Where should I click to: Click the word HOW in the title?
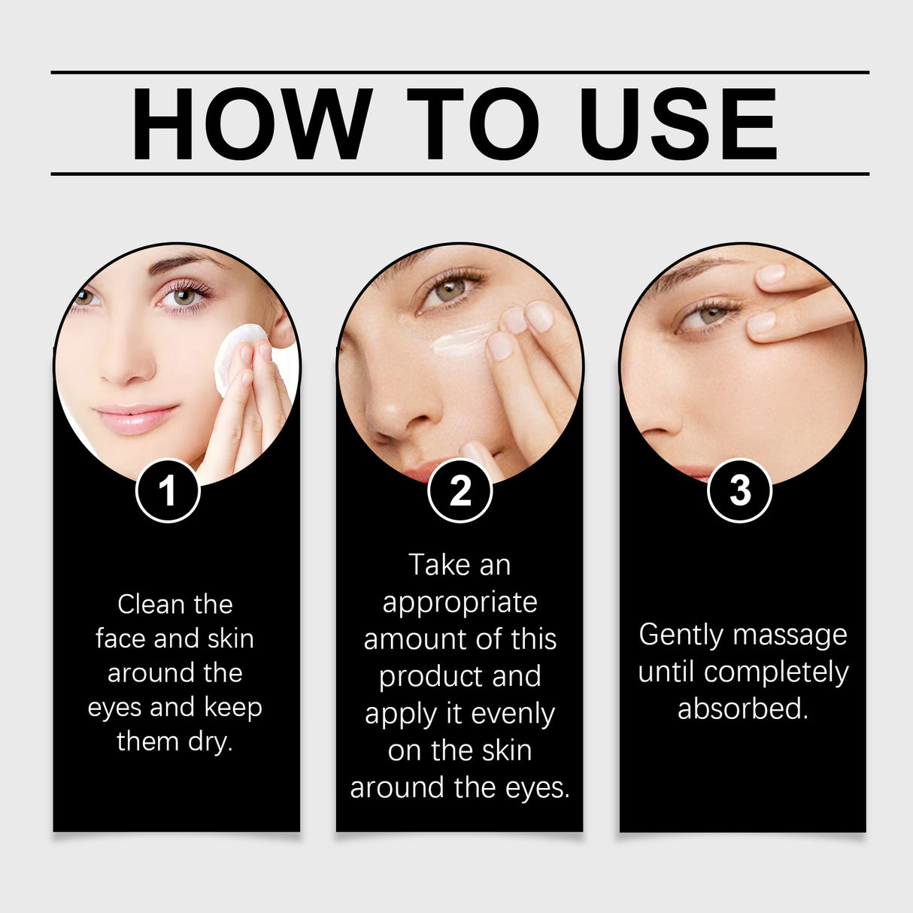[252, 124]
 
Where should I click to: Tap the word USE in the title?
[678, 124]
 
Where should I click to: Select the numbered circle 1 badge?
[168, 491]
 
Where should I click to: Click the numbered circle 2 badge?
[460, 491]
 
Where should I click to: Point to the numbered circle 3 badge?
[740, 491]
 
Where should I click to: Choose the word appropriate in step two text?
[460, 603]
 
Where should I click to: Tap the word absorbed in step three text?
[742, 708]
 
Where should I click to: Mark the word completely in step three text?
[776, 672]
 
